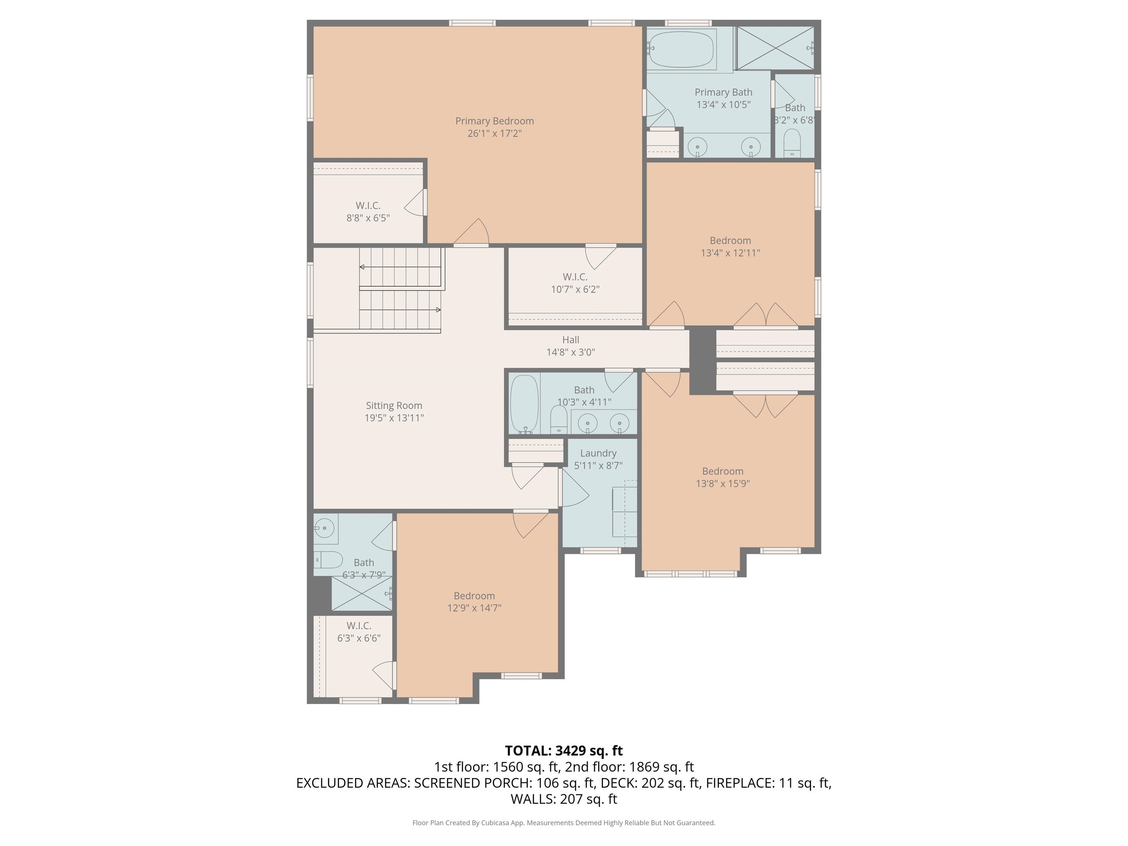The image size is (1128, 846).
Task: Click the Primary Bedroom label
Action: click(494, 121)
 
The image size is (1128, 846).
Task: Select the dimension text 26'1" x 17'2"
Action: click(494, 134)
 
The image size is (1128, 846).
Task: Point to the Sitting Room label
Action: click(394, 405)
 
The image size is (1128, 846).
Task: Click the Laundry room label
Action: click(598, 453)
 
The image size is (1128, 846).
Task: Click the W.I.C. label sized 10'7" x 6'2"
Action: click(575, 277)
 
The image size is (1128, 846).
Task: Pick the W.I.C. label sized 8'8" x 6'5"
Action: click(368, 206)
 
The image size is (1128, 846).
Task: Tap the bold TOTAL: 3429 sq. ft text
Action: click(564, 751)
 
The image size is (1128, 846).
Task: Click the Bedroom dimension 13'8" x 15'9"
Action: click(723, 484)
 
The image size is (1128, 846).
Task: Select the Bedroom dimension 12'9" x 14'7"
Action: click(474, 608)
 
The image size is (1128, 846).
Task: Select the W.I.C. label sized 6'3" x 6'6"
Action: click(358, 626)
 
